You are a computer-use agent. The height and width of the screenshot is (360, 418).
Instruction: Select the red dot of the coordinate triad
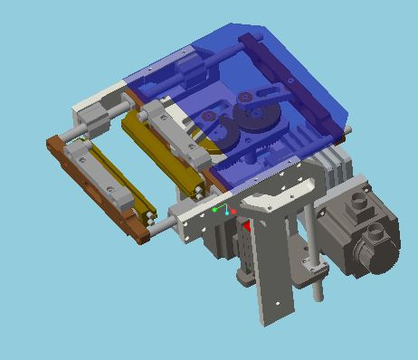(233, 212)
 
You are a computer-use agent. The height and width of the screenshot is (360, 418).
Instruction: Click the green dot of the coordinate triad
(215, 209)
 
